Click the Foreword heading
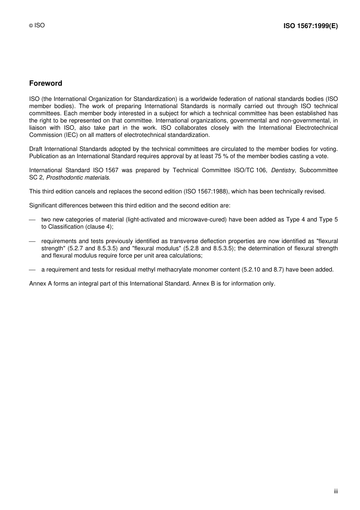pyautogui.click(x=45, y=83)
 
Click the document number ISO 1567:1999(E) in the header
pyautogui.click(x=310, y=26)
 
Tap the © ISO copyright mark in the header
pyautogui.click(x=37, y=25)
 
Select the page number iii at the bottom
pyautogui.click(x=336, y=491)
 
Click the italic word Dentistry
pyautogui.click(x=283, y=170)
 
